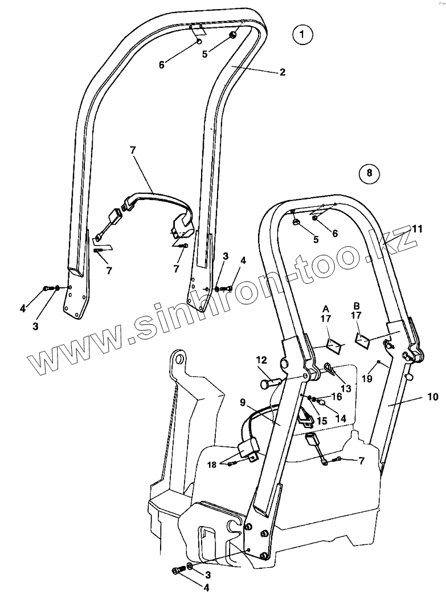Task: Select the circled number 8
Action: point(369,173)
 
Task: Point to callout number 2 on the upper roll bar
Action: point(283,72)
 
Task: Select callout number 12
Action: point(261,360)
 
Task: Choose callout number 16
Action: point(337,396)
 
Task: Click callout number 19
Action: point(367,377)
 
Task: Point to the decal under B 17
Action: point(362,341)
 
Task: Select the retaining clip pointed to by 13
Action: point(330,368)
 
